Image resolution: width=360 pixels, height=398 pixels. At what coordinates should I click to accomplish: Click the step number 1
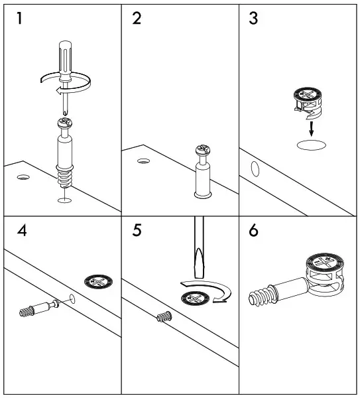click(x=19, y=19)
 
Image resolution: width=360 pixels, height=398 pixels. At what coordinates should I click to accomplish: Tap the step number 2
click(x=137, y=19)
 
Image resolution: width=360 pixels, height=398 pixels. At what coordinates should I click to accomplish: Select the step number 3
click(x=253, y=19)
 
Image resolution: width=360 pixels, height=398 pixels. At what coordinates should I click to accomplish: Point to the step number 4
click(x=22, y=231)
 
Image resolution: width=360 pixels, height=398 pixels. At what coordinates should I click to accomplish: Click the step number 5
click(x=137, y=231)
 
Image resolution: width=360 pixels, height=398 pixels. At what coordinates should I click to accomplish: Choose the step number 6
click(x=253, y=231)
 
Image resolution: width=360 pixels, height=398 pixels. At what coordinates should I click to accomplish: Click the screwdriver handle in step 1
click(x=65, y=60)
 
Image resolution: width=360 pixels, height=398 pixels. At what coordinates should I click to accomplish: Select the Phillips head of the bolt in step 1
click(x=65, y=123)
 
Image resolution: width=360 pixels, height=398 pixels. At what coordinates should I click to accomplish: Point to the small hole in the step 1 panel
click(x=23, y=177)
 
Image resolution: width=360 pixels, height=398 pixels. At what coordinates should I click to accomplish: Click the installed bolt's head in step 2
click(x=203, y=150)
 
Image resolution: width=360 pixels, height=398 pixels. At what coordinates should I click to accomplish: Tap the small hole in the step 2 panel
click(x=143, y=161)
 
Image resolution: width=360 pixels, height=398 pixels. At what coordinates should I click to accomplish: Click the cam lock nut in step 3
click(x=308, y=103)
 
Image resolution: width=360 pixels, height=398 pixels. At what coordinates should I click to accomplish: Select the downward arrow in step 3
click(x=312, y=129)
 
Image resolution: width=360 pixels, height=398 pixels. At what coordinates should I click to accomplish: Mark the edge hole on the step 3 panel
click(x=255, y=168)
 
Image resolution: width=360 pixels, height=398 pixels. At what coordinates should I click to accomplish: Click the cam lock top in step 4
click(x=98, y=282)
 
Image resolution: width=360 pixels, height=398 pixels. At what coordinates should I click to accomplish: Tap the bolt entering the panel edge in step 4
click(x=39, y=308)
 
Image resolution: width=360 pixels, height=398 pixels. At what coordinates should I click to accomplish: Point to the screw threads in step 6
click(x=262, y=295)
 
